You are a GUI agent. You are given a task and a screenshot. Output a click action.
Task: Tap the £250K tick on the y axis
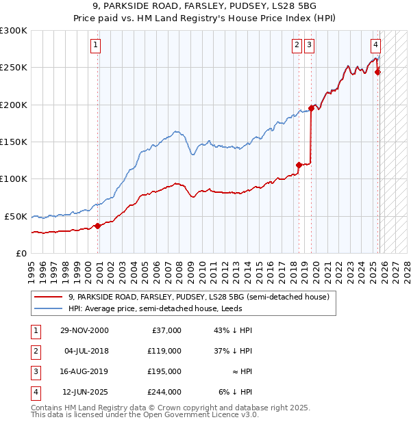(14, 68)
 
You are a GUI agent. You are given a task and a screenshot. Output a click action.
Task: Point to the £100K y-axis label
(14, 178)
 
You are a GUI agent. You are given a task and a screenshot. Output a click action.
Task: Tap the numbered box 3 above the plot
(310, 46)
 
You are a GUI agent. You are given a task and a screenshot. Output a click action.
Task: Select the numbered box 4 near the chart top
(376, 46)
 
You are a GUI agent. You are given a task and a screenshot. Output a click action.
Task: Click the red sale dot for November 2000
(98, 226)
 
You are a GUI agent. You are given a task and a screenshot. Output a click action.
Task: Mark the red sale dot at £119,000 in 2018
(299, 165)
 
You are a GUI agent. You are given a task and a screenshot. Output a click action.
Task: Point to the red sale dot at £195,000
(312, 108)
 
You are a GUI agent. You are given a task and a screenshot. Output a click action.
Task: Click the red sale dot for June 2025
(378, 72)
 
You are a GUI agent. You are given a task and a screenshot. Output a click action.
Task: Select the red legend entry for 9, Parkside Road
(199, 297)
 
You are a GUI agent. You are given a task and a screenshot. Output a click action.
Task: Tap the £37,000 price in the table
(165, 330)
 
